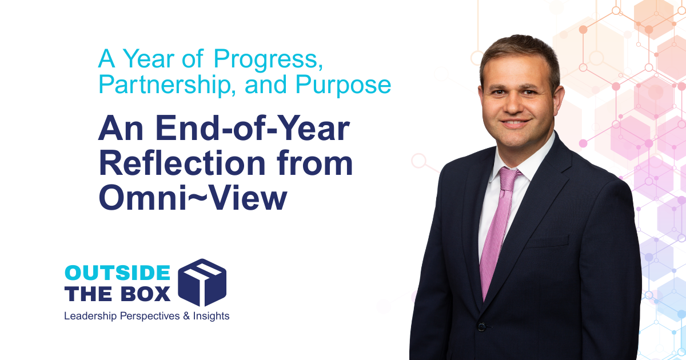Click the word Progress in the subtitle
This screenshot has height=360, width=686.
268,59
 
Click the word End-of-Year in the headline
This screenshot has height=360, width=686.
253,129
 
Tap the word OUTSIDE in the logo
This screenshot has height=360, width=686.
117,273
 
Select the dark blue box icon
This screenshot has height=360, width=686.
202,282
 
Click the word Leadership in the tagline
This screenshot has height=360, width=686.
90,316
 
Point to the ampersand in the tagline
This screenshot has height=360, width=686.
186,315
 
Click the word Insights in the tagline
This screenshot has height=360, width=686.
211,316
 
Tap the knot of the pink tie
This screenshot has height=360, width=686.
509,178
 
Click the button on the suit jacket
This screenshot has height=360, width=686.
481,327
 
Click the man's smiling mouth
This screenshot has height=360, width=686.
515,123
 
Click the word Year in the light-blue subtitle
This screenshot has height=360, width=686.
148,58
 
